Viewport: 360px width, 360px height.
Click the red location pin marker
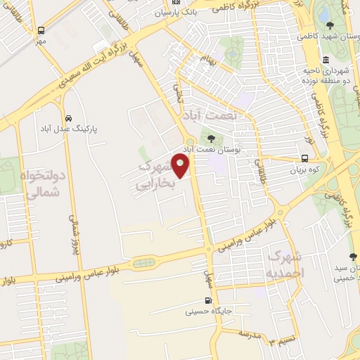pos(181,167)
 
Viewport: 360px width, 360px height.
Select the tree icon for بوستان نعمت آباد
pos(209,138)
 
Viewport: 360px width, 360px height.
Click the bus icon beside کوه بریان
pos(304,159)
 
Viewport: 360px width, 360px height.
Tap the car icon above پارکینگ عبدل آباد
pos(68,118)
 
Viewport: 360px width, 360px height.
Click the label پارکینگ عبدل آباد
pos(67,130)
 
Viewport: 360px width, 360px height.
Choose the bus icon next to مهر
pos(41,30)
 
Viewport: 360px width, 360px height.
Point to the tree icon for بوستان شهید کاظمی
pos(330,25)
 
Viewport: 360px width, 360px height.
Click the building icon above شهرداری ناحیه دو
pos(325,60)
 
